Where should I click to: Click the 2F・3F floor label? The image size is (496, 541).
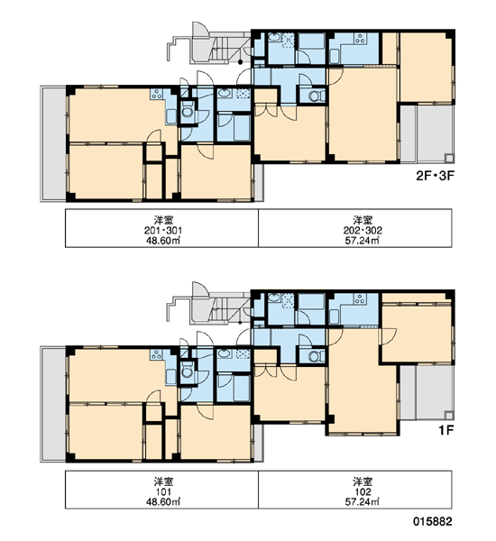[435, 176]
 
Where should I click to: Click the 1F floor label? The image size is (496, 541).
[445, 430]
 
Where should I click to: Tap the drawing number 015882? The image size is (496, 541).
[433, 521]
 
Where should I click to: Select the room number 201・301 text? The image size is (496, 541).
[163, 230]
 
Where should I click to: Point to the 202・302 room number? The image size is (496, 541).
[363, 230]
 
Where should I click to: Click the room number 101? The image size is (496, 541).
[163, 491]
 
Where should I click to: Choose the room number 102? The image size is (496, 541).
[363, 491]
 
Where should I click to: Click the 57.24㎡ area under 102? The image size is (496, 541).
[362, 501]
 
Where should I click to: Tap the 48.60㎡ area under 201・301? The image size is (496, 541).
[163, 241]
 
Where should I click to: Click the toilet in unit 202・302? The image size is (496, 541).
[316, 96]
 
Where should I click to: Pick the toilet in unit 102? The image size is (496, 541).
[316, 356]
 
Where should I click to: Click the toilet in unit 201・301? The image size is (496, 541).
[188, 110]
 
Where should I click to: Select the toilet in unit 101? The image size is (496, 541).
[188, 371]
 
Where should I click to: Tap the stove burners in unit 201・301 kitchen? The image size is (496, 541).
[157, 94]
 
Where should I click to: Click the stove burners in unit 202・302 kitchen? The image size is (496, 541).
[360, 39]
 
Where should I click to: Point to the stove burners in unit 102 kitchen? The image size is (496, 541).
[360, 298]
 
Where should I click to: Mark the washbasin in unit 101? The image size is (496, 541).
[225, 354]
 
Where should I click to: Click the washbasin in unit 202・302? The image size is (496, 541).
[275, 38]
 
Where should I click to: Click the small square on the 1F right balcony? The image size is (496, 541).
[449, 416]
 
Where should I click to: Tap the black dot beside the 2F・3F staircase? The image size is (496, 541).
[240, 62]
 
